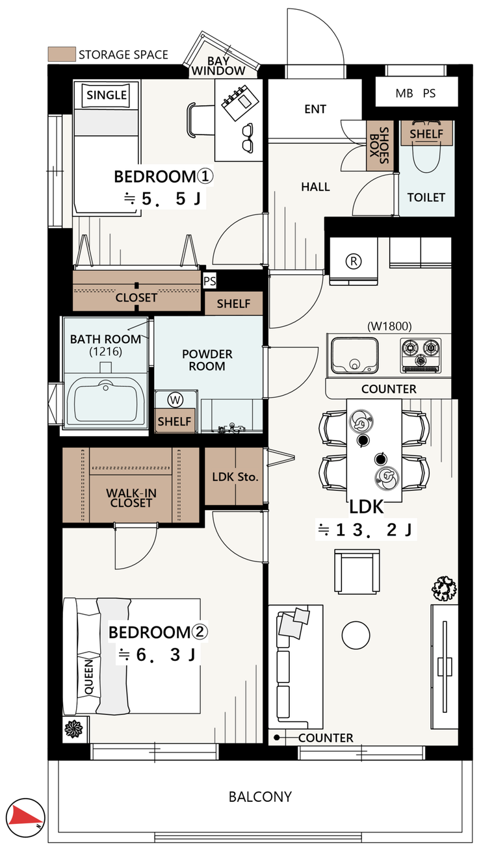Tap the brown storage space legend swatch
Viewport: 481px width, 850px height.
[62, 55]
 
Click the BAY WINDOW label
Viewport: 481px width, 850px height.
[218, 66]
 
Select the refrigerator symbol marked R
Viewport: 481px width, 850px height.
[354, 261]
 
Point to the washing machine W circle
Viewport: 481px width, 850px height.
[175, 400]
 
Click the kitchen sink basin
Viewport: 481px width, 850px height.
[355, 355]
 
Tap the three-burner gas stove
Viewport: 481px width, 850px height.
[421, 355]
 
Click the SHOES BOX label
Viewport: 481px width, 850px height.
[379, 146]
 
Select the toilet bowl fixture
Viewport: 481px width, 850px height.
[427, 146]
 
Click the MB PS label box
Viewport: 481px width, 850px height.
[417, 92]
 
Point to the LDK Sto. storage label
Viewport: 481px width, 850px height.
[235, 476]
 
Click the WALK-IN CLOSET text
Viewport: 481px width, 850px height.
[131, 498]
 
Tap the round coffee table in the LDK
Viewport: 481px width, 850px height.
[356, 635]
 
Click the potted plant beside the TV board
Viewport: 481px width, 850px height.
[444, 589]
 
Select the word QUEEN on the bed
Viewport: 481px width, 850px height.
[88, 677]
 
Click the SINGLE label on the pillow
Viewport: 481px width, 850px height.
[107, 94]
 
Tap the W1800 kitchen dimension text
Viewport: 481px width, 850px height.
[389, 326]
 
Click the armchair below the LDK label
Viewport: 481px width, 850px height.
[357, 571]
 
